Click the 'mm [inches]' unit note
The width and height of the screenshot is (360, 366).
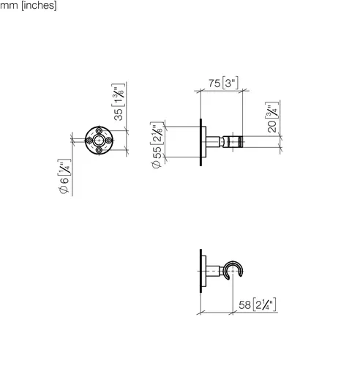point(29,5)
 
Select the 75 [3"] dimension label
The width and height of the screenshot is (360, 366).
point(223,83)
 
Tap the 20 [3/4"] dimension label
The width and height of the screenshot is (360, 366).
point(271,117)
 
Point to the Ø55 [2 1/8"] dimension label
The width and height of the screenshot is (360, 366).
point(157,145)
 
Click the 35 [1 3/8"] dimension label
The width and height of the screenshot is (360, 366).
point(119,102)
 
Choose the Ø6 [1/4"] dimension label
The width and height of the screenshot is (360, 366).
point(64,176)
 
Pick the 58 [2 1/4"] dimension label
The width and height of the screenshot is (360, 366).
point(258,305)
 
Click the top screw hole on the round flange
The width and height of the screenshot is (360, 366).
point(99,130)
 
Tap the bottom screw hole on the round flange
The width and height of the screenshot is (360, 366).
point(99,150)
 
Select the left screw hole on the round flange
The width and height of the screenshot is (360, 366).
point(89,141)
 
